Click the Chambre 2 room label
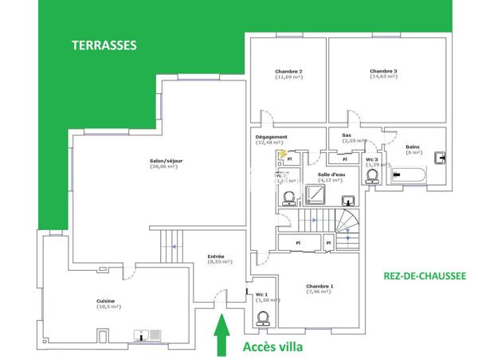pos(288,72)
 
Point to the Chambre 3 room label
pos(383,72)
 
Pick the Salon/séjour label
pos(166,161)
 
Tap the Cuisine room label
pos(106,301)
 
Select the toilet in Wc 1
pos(264,319)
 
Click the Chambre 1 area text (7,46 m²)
pos(320,292)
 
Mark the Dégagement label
pos(271,136)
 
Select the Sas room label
pos(347,135)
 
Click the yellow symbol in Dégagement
pos(281,154)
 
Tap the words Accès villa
pos(273,347)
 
